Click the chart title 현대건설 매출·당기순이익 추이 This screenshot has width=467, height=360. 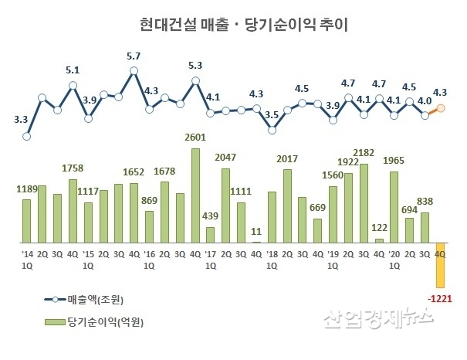tap(233, 25)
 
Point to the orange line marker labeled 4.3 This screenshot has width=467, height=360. tap(441, 108)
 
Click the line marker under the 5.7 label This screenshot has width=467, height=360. tap(134, 70)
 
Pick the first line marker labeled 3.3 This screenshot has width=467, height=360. tap(27, 136)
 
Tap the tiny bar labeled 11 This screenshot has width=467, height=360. tap(256, 241)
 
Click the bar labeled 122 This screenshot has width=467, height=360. tap(379, 239)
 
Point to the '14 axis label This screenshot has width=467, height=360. tap(27, 253)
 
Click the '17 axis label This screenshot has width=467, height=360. tap(211, 253)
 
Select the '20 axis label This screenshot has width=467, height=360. tap(394, 253)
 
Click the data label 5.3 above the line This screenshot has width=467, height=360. tap(195, 66)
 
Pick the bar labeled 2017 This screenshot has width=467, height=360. tap(287, 205)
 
